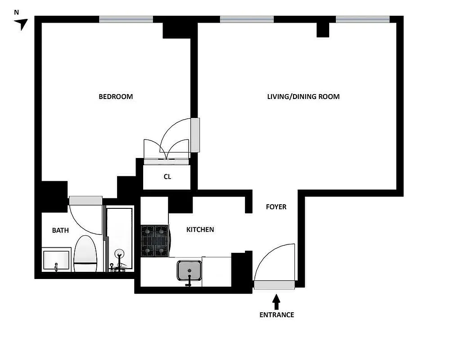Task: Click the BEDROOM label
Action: (116, 97)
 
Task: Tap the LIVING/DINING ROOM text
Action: (303, 97)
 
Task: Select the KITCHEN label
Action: (200, 229)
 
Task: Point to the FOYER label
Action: (276, 207)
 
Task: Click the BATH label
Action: (60, 230)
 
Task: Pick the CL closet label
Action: (167, 177)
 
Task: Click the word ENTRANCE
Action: (276, 315)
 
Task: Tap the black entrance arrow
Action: (276, 301)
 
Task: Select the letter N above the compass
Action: (17, 13)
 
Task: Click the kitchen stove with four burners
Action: (154, 241)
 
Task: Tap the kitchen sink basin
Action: (189, 270)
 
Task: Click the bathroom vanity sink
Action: (56, 261)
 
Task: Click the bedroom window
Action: (126, 19)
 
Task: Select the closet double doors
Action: (166, 151)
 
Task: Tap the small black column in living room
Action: (323, 30)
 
